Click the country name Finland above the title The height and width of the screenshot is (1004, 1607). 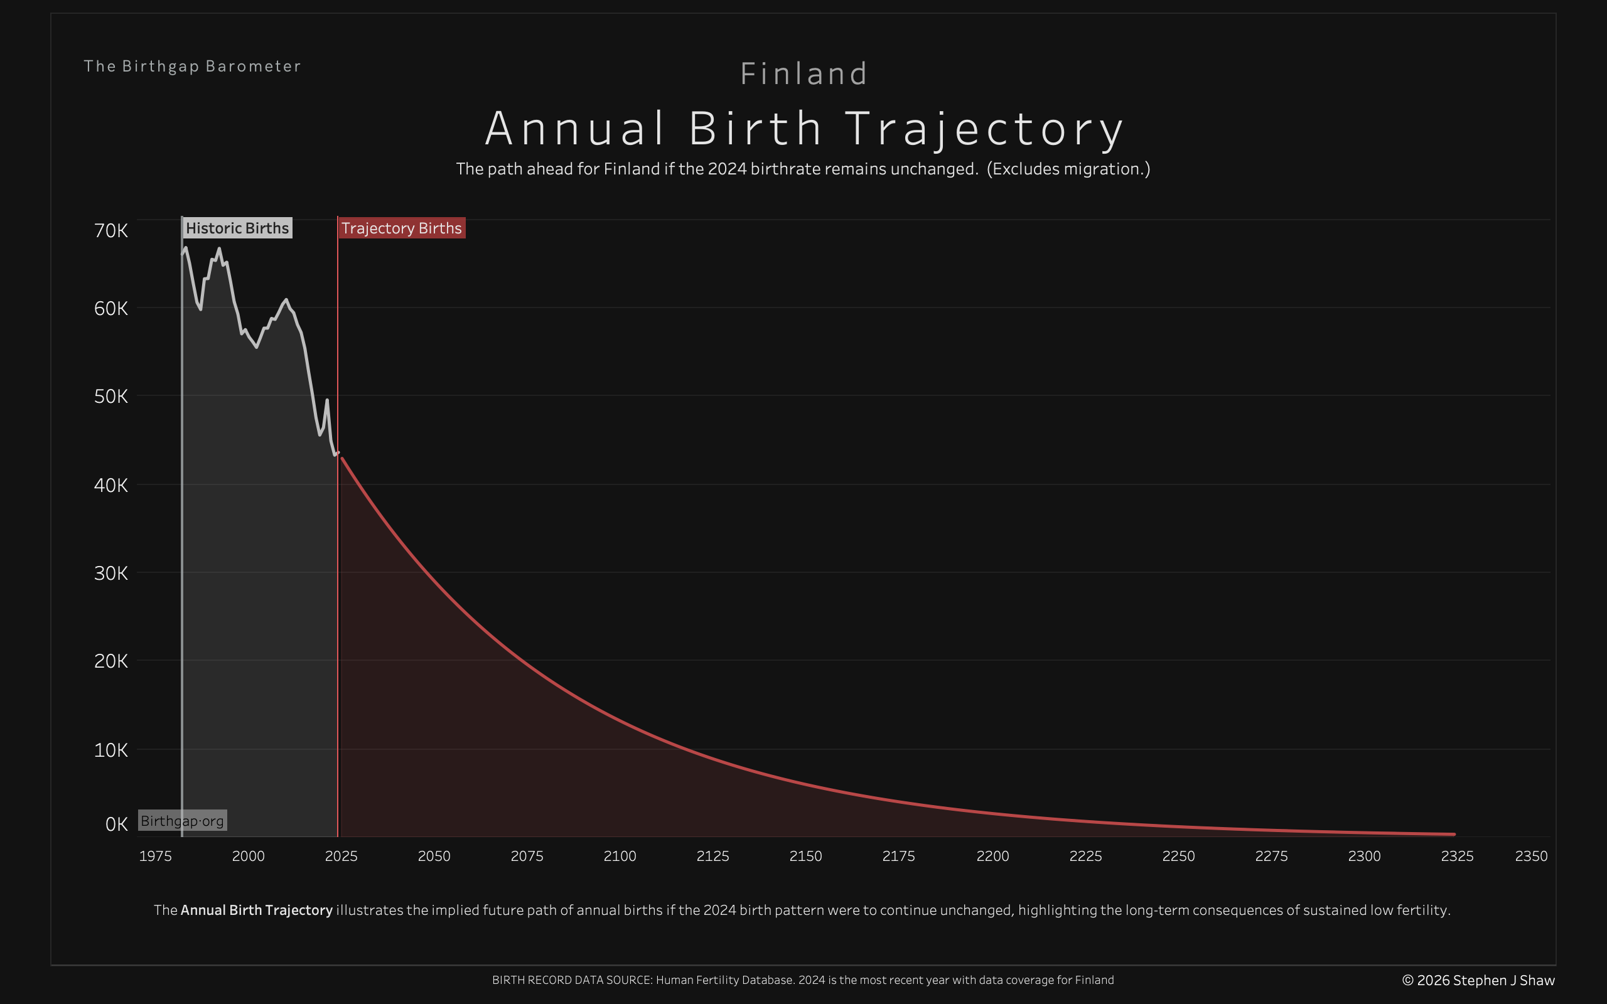803,73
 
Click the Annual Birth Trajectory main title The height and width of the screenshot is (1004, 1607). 803,128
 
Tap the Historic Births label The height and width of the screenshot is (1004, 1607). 237,228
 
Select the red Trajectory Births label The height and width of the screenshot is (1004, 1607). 401,228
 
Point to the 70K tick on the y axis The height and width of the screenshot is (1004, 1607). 111,230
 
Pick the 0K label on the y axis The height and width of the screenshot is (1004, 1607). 116,824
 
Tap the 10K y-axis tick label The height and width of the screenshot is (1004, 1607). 111,750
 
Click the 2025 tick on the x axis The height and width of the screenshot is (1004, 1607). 341,857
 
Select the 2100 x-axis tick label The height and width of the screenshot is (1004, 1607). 620,857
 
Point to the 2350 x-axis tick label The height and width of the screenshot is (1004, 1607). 1530,857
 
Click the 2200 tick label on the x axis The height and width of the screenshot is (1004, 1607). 992,857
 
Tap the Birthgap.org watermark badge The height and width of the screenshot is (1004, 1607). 182,821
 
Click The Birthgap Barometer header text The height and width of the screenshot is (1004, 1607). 192,67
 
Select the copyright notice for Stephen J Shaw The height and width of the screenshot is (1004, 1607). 1478,981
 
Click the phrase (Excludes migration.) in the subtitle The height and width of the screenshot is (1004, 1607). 1068,169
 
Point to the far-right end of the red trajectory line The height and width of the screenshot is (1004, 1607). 1454,834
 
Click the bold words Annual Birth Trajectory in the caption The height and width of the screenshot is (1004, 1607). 256,911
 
